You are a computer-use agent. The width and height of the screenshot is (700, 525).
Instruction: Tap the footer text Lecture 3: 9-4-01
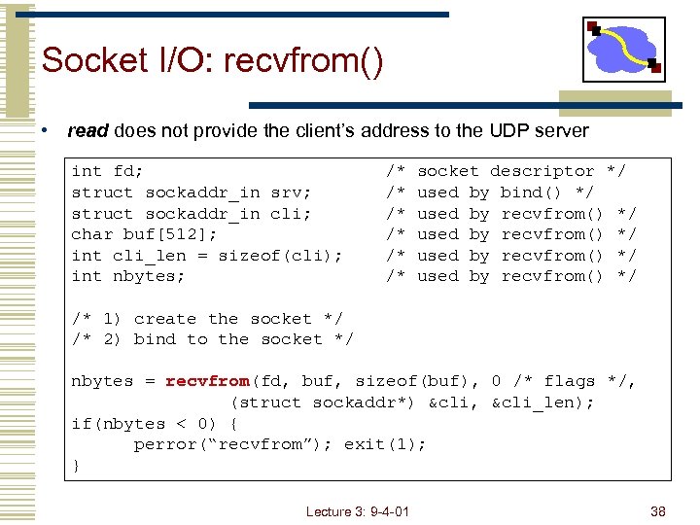(x=357, y=511)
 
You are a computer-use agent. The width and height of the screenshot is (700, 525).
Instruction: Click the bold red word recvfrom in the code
(x=207, y=381)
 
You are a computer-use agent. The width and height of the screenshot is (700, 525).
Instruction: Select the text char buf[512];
(x=144, y=234)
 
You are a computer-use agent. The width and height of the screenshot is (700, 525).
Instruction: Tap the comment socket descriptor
(x=506, y=171)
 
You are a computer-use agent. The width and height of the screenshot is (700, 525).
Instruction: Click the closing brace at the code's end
(x=76, y=466)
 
